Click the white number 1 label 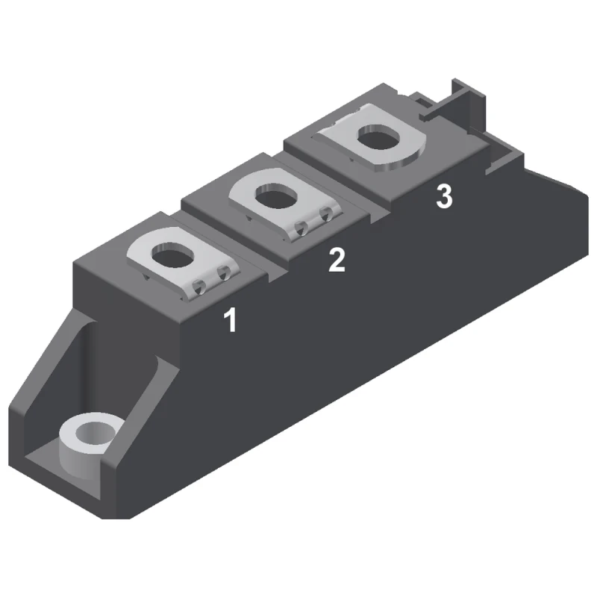[231, 320]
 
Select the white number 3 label [444, 197]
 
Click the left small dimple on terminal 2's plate [304, 225]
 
